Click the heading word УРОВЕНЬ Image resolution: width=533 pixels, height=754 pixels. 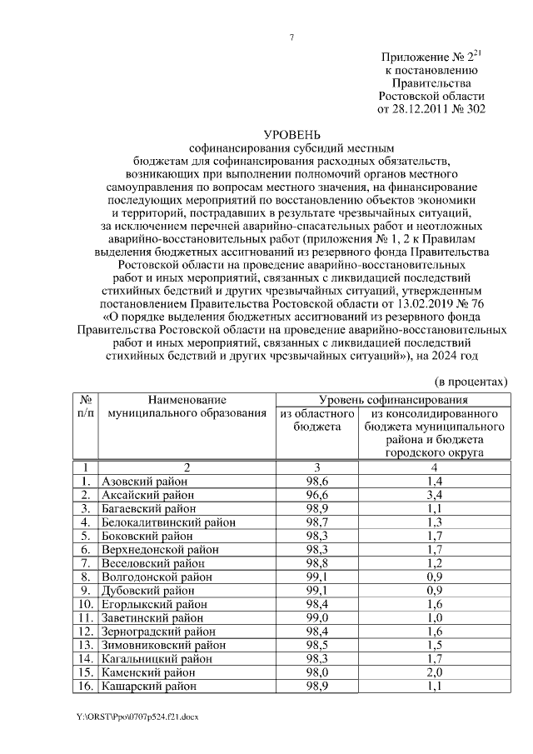[x=291, y=133]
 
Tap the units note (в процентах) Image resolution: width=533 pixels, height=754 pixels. [x=472, y=381]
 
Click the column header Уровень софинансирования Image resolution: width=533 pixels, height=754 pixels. [x=391, y=400]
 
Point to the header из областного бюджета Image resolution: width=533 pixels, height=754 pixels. [x=316, y=420]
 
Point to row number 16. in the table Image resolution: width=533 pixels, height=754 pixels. [x=85, y=686]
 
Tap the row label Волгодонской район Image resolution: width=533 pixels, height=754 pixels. [x=156, y=577]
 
